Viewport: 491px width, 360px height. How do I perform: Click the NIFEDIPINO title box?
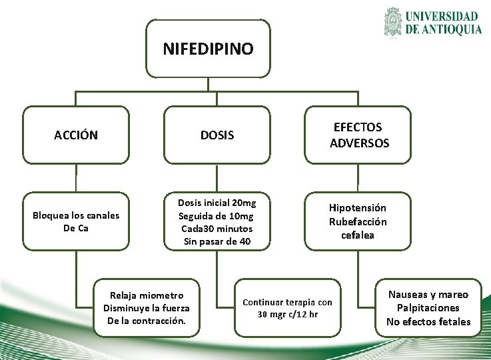[x=208, y=49]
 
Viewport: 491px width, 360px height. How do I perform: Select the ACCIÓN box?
[x=76, y=135]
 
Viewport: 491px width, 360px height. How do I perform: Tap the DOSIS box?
[x=217, y=135]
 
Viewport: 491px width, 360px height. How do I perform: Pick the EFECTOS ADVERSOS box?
[x=358, y=135]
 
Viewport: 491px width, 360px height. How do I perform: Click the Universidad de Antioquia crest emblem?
[x=393, y=22]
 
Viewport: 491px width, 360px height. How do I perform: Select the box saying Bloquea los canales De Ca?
[x=76, y=221]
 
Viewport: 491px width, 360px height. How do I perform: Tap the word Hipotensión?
[x=357, y=208]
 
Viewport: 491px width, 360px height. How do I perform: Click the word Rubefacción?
[x=357, y=221]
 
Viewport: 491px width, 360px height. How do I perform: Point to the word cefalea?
[x=358, y=235]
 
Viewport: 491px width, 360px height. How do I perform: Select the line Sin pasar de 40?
[x=217, y=241]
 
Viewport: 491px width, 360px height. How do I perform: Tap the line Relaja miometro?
[x=147, y=295]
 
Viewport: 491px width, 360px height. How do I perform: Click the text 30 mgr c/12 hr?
[x=288, y=314]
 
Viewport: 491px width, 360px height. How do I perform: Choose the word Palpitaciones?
[x=428, y=308]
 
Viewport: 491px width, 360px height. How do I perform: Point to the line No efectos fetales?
[x=428, y=322]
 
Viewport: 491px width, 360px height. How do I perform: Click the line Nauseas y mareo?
[x=428, y=295]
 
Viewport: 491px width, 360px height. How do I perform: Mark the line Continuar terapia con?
[x=288, y=302]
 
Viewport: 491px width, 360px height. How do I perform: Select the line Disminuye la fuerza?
[x=147, y=308]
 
